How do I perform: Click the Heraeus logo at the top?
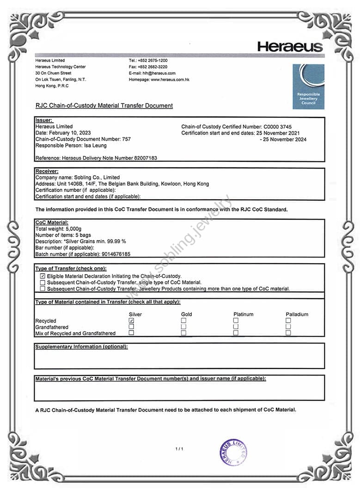click(290, 46)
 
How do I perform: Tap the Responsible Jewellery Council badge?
click(308, 86)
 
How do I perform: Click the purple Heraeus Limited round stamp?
click(233, 452)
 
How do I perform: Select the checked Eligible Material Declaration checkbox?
click(43, 276)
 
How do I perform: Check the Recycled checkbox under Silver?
click(131, 320)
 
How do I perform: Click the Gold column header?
click(186, 314)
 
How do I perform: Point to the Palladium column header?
click(297, 314)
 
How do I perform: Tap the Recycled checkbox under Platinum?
click(236, 320)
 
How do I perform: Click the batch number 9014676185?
click(116, 254)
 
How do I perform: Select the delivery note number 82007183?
click(144, 158)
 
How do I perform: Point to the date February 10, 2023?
click(69, 133)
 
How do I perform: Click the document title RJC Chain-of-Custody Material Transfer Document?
click(104, 106)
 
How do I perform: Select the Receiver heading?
click(47, 171)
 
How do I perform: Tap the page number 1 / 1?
click(179, 449)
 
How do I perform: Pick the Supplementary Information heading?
click(81, 347)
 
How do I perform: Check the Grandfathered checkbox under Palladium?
click(288, 327)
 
